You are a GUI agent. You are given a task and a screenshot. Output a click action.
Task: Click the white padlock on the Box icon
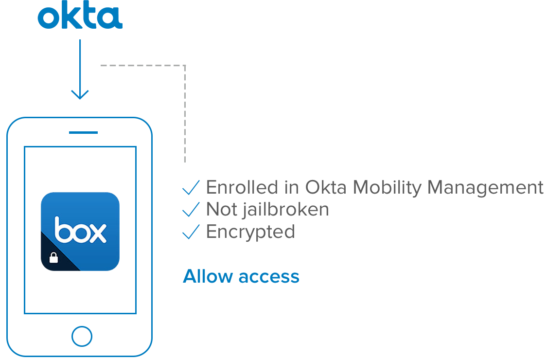tap(54, 257)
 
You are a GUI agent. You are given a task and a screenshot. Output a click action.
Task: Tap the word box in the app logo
tap(80, 231)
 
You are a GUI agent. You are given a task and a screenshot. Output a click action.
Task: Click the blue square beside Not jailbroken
tap(191, 209)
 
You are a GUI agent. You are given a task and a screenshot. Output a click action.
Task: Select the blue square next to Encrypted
tap(191, 231)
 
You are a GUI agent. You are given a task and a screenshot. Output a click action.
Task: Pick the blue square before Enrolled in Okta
tap(191, 187)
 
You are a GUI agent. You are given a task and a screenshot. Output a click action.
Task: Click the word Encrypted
tap(250, 232)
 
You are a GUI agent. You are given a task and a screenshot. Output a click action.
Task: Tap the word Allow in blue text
tap(208, 276)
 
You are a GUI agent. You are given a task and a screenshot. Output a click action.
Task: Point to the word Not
tap(219, 210)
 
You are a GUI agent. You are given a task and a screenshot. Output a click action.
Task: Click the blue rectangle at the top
tap(80, 14)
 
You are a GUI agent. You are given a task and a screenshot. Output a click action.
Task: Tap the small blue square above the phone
tap(80, 94)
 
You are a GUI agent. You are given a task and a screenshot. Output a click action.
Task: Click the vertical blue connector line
tap(80, 63)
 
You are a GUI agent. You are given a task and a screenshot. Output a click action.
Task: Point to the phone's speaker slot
tap(80, 132)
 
